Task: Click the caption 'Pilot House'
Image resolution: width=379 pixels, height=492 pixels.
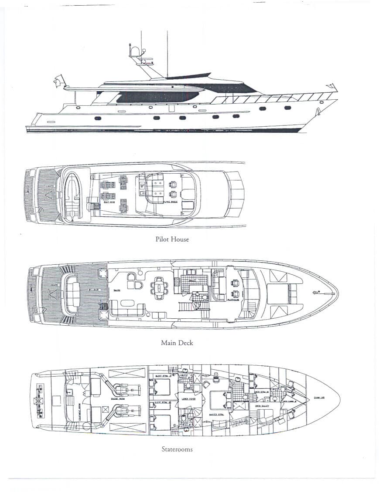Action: tap(172, 239)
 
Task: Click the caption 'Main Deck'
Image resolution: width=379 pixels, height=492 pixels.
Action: tap(177, 343)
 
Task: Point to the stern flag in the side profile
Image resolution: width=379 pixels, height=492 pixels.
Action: tap(58, 81)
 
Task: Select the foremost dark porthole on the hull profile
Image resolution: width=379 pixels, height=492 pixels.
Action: tap(287, 108)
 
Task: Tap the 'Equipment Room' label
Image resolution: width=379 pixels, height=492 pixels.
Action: tap(79, 399)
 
